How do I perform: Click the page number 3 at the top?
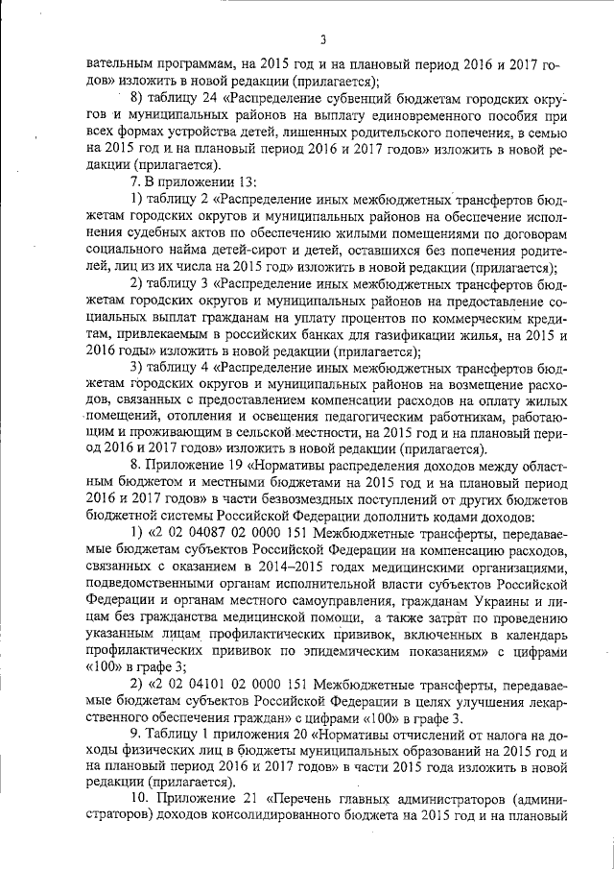coord(323,39)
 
